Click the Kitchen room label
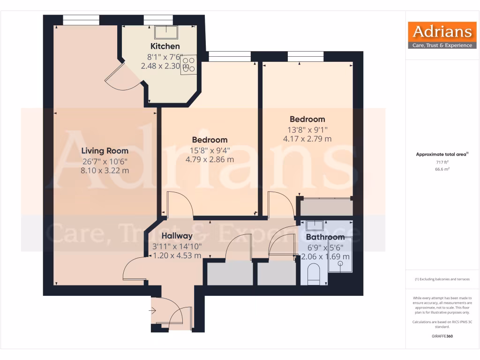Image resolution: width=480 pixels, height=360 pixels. [x=165, y=46]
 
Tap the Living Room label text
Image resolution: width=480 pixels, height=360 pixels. [x=105, y=151]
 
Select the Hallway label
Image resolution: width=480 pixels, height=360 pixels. [x=177, y=236]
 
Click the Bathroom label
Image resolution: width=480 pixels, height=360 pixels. [x=325, y=237]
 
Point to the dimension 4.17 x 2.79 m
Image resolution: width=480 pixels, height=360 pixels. [x=307, y=139]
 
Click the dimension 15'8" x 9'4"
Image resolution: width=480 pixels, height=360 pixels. [x=210, y=150]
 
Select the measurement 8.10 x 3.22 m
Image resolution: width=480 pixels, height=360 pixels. [x=105, y=171]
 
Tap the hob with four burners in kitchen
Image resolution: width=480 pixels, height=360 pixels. [x=188, y=65]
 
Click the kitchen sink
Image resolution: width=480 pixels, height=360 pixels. [x=166, y=32]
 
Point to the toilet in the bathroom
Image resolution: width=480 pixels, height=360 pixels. [x=313, y=274]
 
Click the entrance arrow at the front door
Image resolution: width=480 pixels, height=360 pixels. [x=153, y=310]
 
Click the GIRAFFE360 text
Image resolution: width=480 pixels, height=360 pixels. [x=442, y=336]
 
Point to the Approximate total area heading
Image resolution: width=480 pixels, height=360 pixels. [x=442, y=154]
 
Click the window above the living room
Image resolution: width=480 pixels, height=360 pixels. [x=81, y=20]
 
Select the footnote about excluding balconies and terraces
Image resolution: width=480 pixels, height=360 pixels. [x=442, y=279]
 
